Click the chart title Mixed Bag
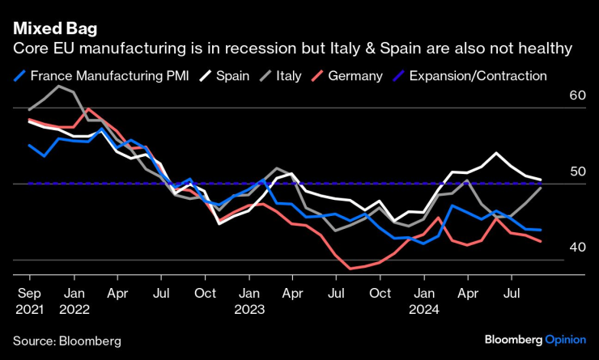55,29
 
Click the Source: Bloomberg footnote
66,341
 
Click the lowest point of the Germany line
350,268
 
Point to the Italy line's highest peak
60,85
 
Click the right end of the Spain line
541,180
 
